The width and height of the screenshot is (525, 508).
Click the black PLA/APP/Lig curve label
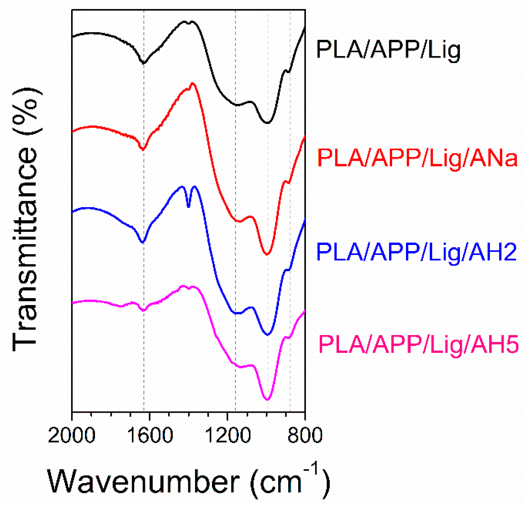(x=388, y=50)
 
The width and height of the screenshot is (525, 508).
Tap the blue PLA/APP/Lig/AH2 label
(x=416, y=251)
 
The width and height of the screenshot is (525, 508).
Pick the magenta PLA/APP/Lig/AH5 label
(x=419, y=344)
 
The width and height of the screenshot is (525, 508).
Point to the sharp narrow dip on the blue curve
(x=188, y=207)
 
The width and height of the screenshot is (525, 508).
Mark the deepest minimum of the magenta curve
(x=267, y=399)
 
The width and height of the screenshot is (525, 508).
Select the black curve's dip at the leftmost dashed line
(x=143, y=63)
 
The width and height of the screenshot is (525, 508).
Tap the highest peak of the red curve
(x=193, y=83)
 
